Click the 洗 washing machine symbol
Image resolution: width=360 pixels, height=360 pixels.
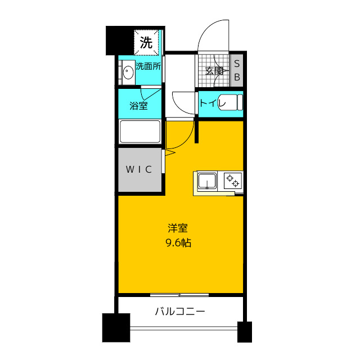146,43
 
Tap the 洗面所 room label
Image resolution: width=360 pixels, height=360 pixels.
148,66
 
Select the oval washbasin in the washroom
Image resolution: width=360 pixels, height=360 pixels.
128,72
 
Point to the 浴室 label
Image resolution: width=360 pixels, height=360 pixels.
138,106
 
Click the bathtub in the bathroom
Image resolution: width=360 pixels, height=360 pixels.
140,132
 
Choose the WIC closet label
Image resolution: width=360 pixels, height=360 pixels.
139,169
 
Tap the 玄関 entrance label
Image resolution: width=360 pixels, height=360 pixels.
214,71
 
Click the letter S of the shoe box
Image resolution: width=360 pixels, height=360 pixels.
237,64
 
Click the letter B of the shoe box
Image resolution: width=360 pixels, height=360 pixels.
237,77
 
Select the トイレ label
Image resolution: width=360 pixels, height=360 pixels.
213,103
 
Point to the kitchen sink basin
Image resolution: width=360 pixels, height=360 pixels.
207,181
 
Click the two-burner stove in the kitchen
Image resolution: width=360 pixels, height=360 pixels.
233,181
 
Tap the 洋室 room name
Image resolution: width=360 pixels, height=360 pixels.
178,228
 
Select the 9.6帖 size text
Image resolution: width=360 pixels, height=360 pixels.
178,242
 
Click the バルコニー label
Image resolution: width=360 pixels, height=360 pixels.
180,312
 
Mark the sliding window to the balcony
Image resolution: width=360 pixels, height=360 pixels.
179,295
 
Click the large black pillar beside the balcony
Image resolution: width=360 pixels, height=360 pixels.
116,327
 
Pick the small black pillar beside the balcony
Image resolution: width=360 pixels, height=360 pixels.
245,332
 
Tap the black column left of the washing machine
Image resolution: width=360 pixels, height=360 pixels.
120,40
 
